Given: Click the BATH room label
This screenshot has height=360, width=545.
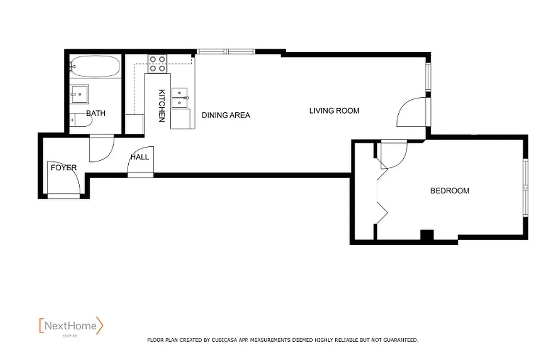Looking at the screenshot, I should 96,113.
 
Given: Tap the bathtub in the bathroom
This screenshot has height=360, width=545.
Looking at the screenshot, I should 95,67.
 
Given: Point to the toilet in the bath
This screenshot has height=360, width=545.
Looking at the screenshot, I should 80,120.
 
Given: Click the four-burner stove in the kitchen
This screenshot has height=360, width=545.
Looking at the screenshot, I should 157,63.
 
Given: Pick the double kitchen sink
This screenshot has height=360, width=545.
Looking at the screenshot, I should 180,98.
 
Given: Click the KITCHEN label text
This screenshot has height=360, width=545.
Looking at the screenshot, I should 162,106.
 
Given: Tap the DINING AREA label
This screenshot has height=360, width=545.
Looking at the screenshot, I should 226,115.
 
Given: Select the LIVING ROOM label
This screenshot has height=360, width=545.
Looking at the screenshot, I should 334,110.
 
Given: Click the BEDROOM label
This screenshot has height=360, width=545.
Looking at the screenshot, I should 450,190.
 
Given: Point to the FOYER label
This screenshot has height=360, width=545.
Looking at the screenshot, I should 63,167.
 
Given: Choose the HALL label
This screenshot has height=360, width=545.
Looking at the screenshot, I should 139,157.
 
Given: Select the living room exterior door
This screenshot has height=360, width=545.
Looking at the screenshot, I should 412,112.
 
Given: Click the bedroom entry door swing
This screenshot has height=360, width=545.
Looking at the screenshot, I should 393,154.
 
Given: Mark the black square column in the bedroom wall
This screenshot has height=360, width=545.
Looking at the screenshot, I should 426,235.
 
